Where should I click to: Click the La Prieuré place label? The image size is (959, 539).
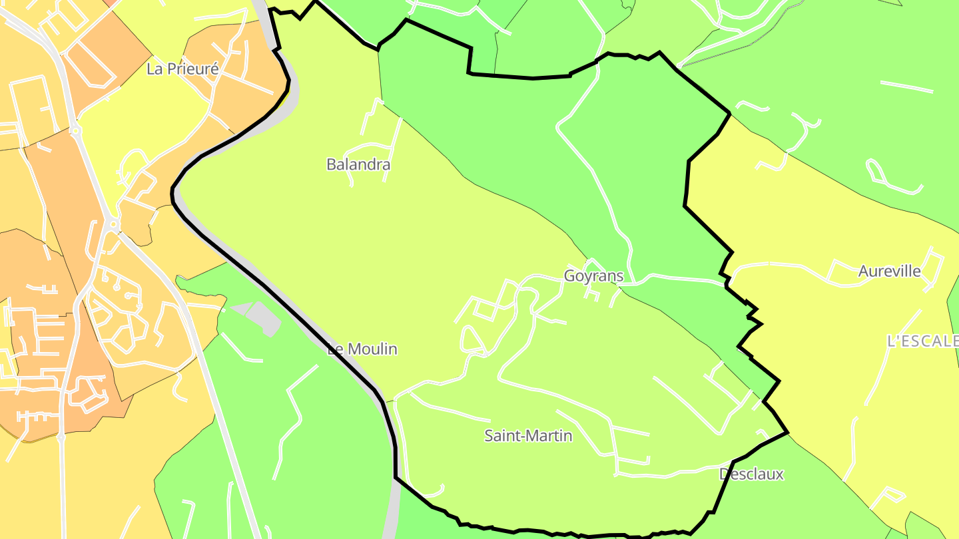pyautogui.click(x=182, y=69)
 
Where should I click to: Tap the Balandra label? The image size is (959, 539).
pyautogui.click(x=358, y=164)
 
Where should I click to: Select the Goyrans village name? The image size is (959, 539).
pyautogui.click(x=593, y=275)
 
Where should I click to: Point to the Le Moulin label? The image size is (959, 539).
pyautogui.click(x=363, y=349)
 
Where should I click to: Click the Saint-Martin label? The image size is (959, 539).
pyautogui.click(x=528, y=436)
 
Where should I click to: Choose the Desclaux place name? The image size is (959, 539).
pyautogui.click(x=751, y=474)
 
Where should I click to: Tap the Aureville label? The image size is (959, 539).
pyautogui.click(x=889, y=271)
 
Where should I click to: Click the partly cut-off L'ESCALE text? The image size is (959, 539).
pyautogui.click(x=923, y=341)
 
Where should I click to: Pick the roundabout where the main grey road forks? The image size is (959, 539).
pyautogui.click(x=114, y=225)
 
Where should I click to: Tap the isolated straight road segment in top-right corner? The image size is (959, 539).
pyautogui.click(x=906, y=87)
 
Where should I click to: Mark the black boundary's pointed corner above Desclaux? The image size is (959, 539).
pyautogui.click(x=787, y=432)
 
